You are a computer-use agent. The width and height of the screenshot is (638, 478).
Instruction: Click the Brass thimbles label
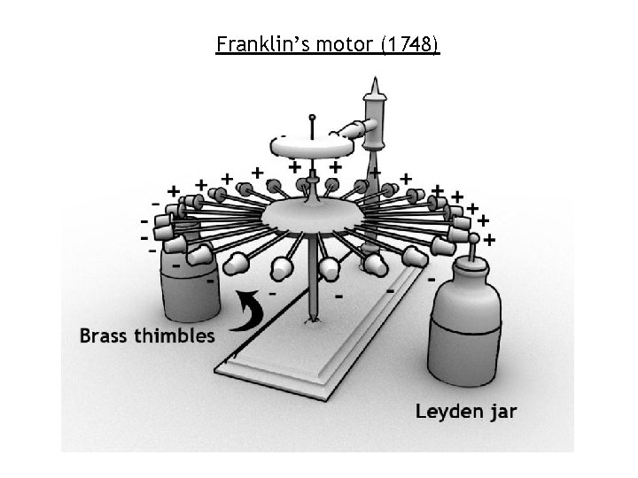point(146,335)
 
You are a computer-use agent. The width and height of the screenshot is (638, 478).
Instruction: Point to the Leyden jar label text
point(466,411)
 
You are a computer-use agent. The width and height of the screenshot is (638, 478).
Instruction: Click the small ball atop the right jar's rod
point(474,238)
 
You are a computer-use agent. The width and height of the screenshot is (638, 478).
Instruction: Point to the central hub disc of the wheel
point(306,214)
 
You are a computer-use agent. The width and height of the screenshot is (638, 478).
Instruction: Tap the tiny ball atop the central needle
point(312,117)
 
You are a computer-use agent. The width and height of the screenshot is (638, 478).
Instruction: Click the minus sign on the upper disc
point(283,137)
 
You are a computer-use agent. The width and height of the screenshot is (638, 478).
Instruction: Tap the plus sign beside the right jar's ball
point(490,239)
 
